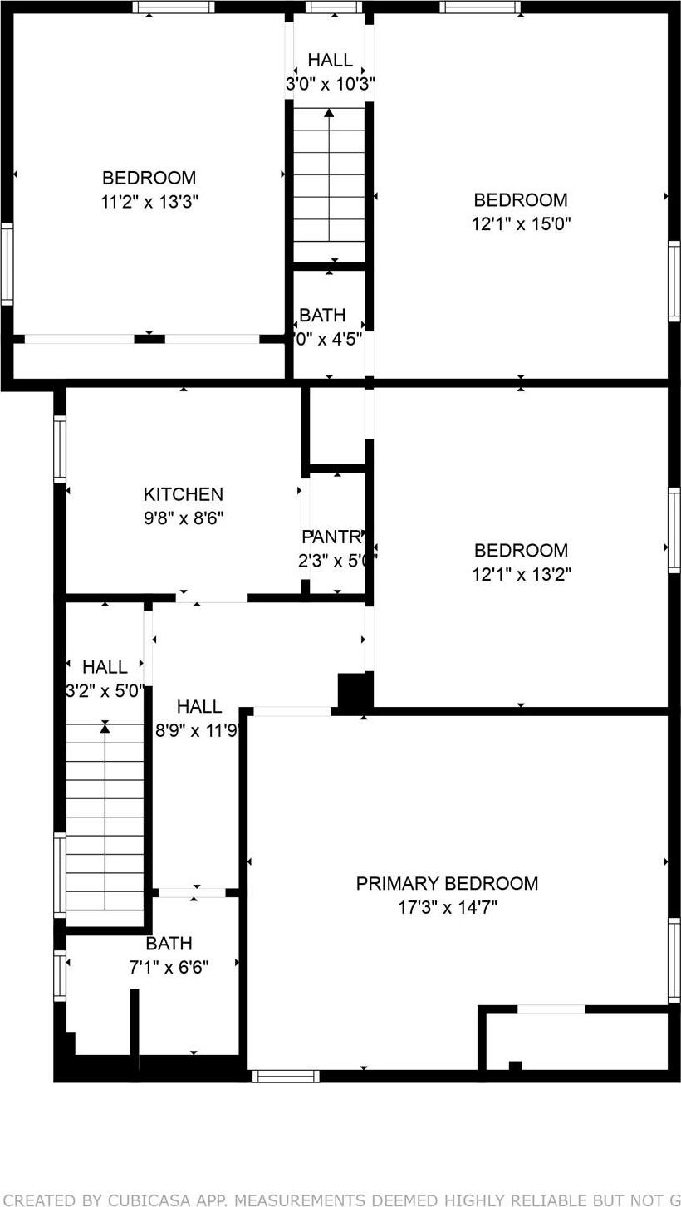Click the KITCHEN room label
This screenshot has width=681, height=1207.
[183, 494]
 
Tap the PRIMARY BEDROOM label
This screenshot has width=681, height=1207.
[447, 883]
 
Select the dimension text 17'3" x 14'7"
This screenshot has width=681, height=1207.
[447, 907]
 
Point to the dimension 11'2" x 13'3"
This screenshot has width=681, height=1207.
[149, 201]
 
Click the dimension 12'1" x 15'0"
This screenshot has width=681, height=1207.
[521, 223]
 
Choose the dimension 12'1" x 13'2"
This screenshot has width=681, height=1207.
[521, 574]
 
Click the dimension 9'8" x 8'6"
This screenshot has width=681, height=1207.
[183, 518]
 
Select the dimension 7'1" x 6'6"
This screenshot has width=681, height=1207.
[169, 967]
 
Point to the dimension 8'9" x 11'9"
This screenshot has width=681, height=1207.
[198, 731]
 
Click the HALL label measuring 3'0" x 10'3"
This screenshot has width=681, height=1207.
[330, 60]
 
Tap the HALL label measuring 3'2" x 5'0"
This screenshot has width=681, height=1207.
[105, 666]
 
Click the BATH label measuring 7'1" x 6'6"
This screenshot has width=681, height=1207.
[169, 944]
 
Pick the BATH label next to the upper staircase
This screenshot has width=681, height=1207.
[322, 316]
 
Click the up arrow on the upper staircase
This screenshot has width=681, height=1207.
[330, 113]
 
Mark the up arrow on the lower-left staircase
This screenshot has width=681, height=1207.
[105, 728]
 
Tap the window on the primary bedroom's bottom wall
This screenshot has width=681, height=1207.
[286, 1077]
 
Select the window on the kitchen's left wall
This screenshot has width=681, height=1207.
[60, 449]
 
